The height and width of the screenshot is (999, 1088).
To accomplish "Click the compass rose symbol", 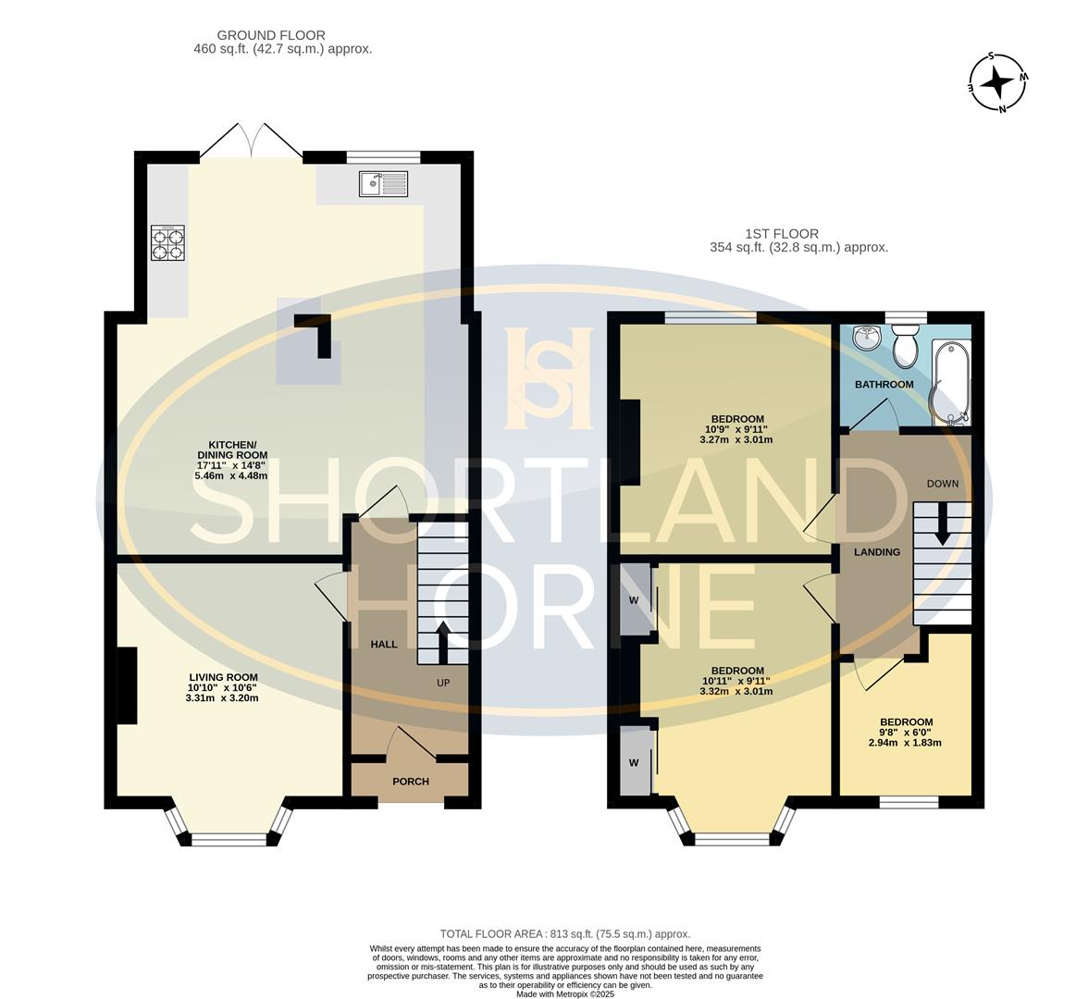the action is click(x=999, y=82).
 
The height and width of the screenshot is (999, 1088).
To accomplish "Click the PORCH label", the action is click(x=411, y=781).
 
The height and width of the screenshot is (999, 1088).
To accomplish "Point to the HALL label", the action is click(x=384, y=644).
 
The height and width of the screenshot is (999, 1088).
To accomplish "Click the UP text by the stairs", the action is click(x=443, y=683).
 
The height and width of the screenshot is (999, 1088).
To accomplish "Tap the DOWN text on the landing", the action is click(x=943, y=484).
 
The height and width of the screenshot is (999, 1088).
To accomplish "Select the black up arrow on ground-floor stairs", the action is click(x=441, y=642).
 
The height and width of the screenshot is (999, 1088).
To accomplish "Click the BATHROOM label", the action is click(x=884, y=385).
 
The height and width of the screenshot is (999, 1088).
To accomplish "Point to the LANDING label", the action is click(x=877, y=552).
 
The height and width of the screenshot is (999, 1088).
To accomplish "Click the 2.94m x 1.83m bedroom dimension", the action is click(x=905, y=742).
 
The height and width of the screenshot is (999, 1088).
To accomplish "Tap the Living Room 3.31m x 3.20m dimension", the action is click(x=222, y=697).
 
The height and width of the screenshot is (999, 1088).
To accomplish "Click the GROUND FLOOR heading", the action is click(x=270, y=35).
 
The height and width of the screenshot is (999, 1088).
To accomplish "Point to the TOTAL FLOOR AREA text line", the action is click(x=564, y=934).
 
